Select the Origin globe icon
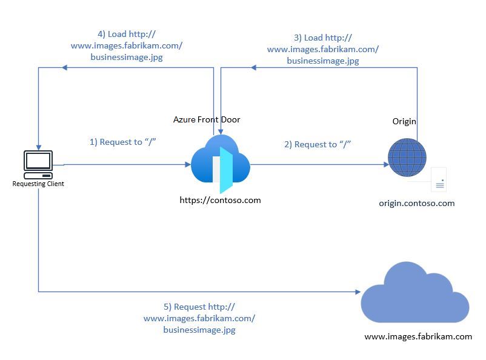(x=407, y=158)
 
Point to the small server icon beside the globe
(x=439, y=180)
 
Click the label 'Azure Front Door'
(x=207, y=119)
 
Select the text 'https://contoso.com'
(x=220, y=199)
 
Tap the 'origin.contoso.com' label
(x=416, y=203)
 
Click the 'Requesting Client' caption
(x=38, y=184)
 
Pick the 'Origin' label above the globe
(x=404, y=121)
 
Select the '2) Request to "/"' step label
(x=318, y=144)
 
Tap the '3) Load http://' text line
(x=322, y=38)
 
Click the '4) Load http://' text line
(x=127, y=35)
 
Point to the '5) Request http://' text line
(x=199, y=307)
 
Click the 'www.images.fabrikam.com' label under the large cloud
(x=418, y=336)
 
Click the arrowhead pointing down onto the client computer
(x=38, y=146)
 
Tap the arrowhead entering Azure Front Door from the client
(x=187, y=164)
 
